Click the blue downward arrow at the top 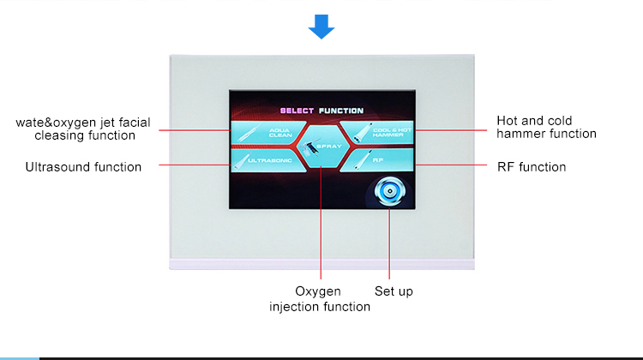click(321, 27)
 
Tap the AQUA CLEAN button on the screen click(267, 133)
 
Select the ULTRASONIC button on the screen click(267, 160)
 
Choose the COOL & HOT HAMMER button click(377, 133)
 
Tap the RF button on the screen click(377, 160)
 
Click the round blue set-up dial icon click(389, 191)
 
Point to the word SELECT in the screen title click(297, 111)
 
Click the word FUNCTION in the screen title click(341, 111)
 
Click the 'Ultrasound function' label click(83, 167)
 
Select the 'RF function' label click(532, 167)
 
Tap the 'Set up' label click(394, 291)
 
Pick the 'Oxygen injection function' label click(320, 299)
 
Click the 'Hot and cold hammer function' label click(546, 127)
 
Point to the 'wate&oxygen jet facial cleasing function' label click(83, 129)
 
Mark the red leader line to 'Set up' click(389, 243)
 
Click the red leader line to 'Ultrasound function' click(195, 165)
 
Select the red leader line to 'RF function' click(451, 165)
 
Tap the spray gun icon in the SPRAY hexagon click(309, 147)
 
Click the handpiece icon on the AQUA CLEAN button click(249, 133)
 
